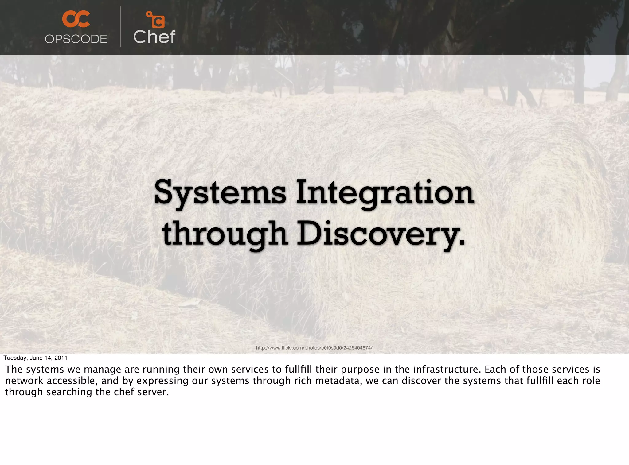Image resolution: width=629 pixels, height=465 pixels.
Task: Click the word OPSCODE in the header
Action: click(x=76, y=39)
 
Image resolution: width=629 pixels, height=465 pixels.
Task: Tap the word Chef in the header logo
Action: click(x=154, y=37)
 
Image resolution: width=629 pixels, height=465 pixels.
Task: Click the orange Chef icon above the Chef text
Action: click(x=156, y=20)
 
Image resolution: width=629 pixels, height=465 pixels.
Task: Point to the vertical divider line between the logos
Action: click(x=120, y=27)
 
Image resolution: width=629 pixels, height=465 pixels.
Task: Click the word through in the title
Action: click(x=225, y=234)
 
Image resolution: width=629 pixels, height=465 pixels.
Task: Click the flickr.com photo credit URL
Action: click(x=314, y=348)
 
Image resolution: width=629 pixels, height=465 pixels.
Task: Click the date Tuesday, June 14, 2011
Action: click(x=35, y=358)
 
